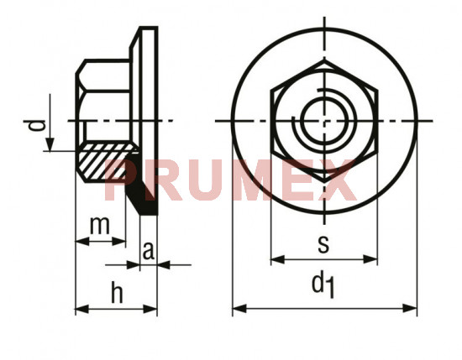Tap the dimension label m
click(100, 225)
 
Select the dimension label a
click(148, 251)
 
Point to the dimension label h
click(117, 292)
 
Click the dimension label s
click(323, 244)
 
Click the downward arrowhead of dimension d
click(50, 144)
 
